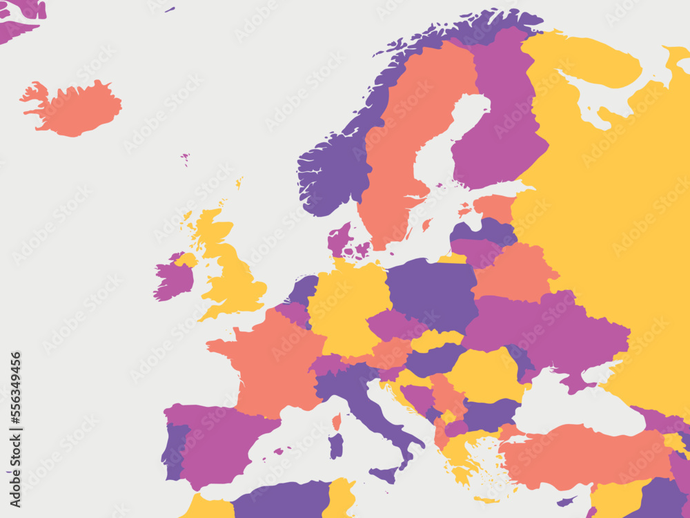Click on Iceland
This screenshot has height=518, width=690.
click(72, 109)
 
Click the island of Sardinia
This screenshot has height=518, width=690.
click(335, 446)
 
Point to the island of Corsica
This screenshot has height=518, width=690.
click(337, 421)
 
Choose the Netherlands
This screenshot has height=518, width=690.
click(304, 290)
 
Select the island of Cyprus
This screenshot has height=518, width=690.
click(566, 501)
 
